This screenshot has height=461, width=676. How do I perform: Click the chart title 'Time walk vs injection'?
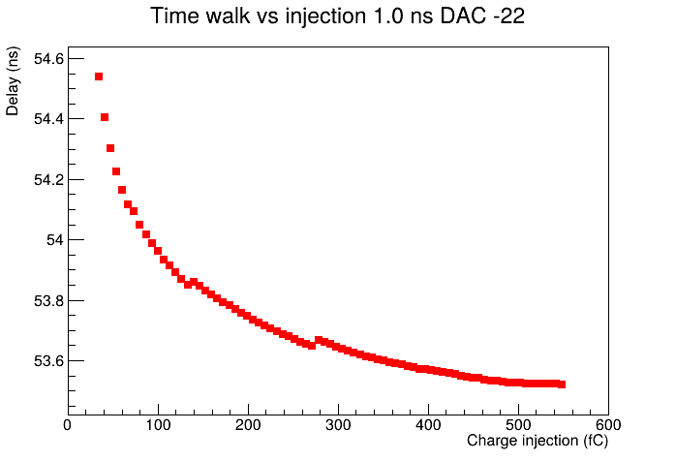[x=259, y=16]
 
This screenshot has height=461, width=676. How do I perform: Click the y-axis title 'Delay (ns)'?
[x=12, y=80]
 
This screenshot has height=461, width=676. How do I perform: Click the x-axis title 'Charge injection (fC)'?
[x=538, y=441]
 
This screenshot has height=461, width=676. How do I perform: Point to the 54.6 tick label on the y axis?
[x=48, y=59]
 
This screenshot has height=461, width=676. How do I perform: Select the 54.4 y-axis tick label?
[x=48, y=119]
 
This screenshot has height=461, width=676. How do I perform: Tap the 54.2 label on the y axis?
[x=48, y=180]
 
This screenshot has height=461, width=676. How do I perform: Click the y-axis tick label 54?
[x=55, y=240]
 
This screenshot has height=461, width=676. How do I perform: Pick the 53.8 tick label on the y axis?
[x=48, y=300]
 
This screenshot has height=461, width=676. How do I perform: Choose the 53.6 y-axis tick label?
[x=48, y=361]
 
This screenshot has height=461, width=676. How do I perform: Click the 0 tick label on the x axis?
[x=67, y=425]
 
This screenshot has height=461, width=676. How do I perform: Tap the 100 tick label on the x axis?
[x=158, y=425]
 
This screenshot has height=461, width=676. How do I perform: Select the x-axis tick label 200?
[x=248, y=425]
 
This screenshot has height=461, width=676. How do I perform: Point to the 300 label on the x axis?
[x=338, y=425]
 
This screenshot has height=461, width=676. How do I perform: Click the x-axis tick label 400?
[x=428, y=425]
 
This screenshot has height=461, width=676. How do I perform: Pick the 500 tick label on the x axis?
[x=518, y=425]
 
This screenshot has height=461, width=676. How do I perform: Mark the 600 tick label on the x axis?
[x=608, y=425]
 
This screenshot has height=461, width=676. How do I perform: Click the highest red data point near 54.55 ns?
[x=99, y=77]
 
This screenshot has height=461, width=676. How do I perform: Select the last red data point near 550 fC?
[x=562, y=384]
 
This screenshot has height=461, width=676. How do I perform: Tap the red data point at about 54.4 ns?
[x=105, y=117]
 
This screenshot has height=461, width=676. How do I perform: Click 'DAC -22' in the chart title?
[x=483, y=16]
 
